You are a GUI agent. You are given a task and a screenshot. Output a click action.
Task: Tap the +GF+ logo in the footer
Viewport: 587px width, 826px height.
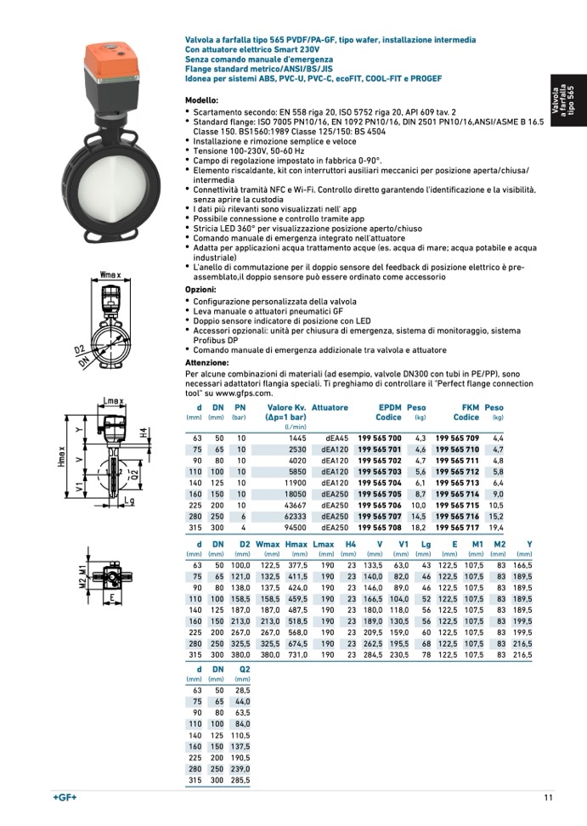[x=65, y=797]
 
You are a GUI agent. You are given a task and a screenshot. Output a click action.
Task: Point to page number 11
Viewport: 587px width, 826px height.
[x=549, y=797]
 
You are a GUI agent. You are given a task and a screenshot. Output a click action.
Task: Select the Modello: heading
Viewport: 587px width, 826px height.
[x=201, y=100]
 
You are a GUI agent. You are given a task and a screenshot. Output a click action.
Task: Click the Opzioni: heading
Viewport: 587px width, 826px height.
[x=200, y=290]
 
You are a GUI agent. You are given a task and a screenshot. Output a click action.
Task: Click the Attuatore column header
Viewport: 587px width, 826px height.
[x=330, y=408]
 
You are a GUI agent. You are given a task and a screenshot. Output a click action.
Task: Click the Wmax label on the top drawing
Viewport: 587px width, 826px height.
[x=111, y=274]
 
